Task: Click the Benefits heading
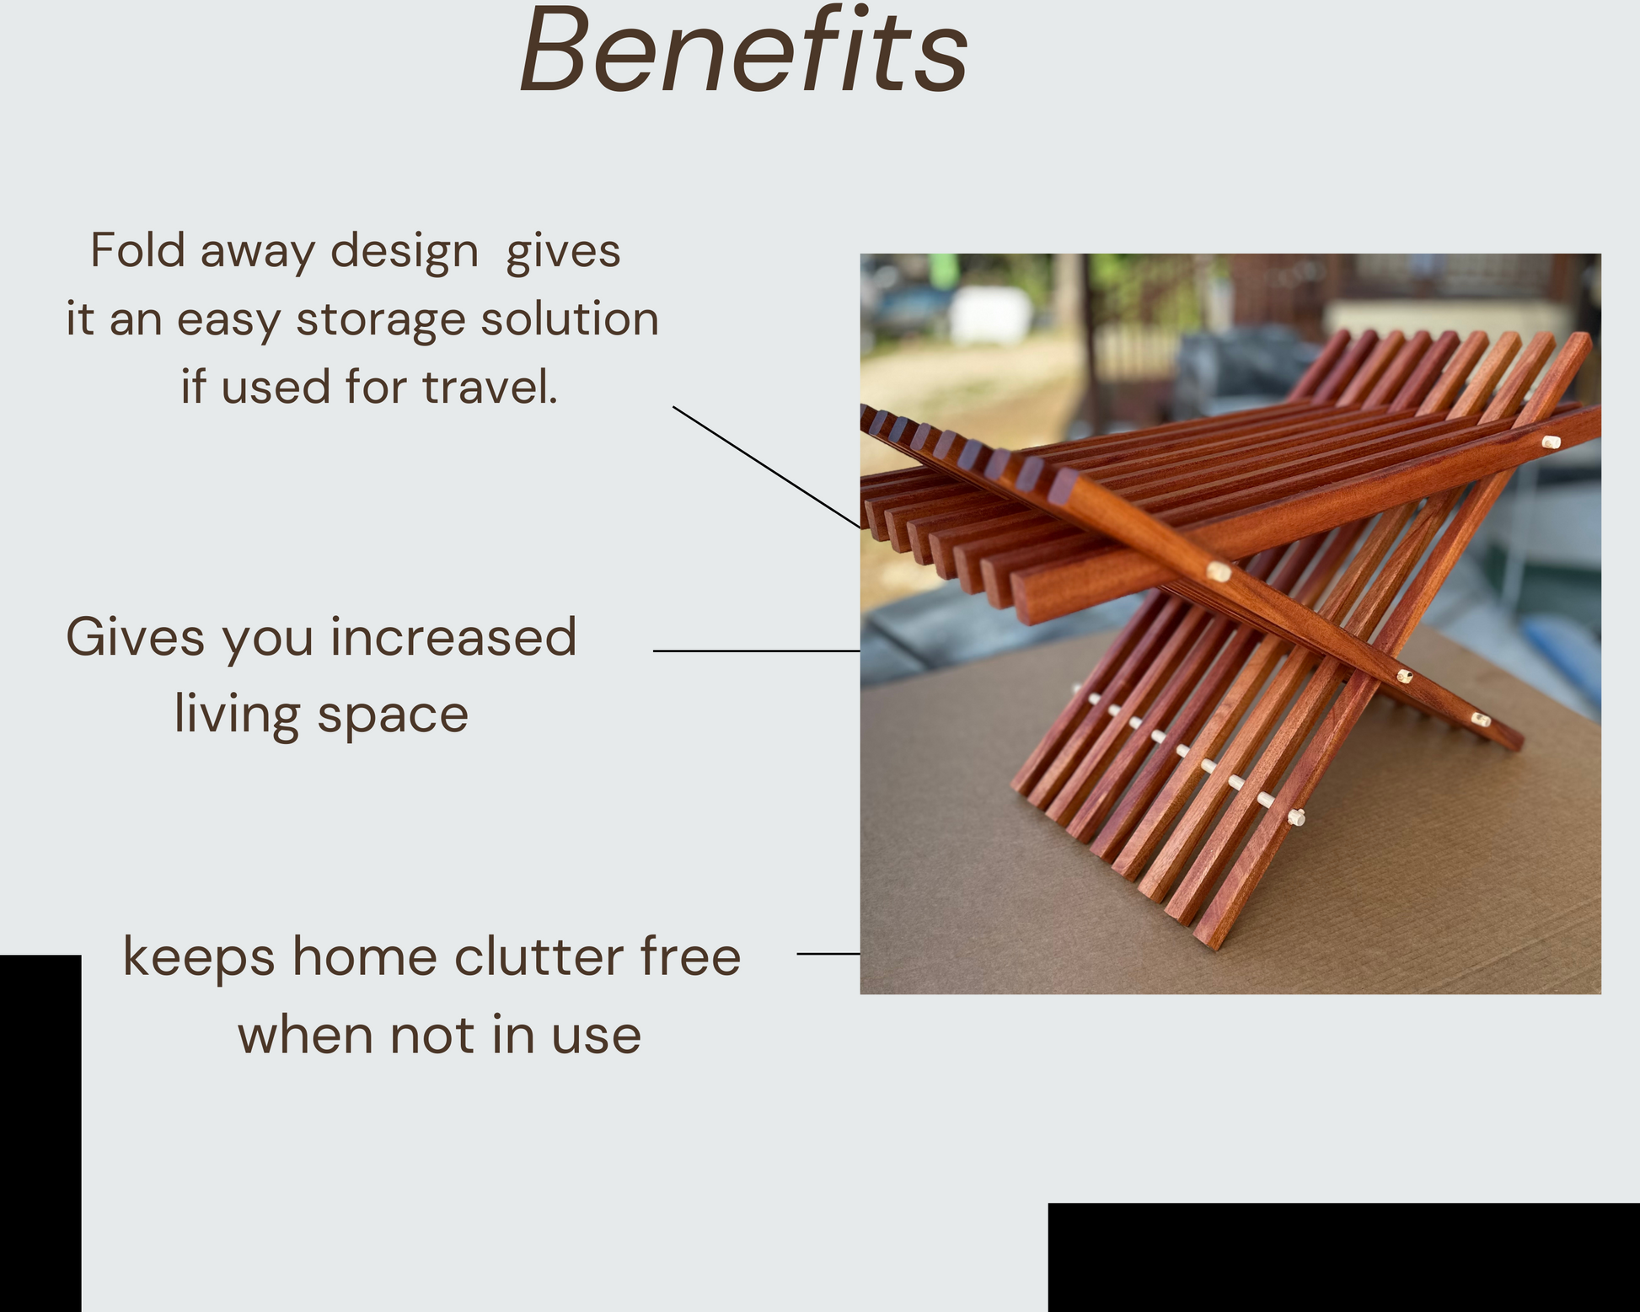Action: [743, 51]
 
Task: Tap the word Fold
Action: [138, 250]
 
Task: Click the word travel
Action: [490, 387]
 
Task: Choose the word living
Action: [237, 715]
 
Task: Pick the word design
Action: [405, 252]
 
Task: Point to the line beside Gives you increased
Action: [757, 651]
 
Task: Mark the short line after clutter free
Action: [828, 954]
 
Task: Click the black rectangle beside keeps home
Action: [40, 1133]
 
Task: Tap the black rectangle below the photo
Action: [1343, 1257]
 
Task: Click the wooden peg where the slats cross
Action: [1219, 573]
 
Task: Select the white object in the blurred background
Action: [991, 314]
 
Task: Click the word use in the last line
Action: [597, 1037]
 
